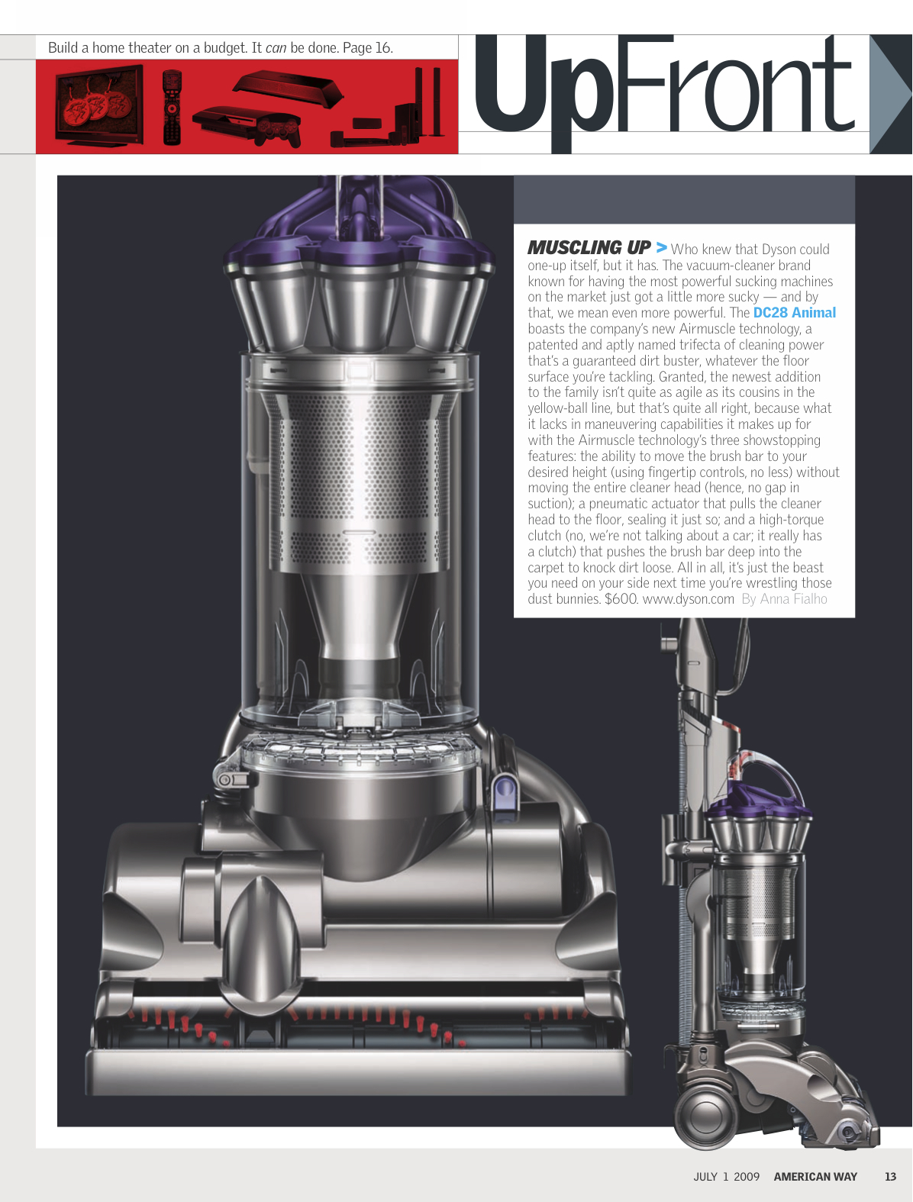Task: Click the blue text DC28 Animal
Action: (794, 313)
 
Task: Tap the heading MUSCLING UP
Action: (589, 247)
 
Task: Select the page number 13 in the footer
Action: (890, 1176)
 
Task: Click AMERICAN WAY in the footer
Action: (815, 1176)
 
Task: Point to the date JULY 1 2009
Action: (726, 1176)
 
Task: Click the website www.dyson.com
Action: (688, 599)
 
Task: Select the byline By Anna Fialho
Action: (784, 599)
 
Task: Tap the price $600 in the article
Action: (621, 599)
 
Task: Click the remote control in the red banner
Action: (172, 107)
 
